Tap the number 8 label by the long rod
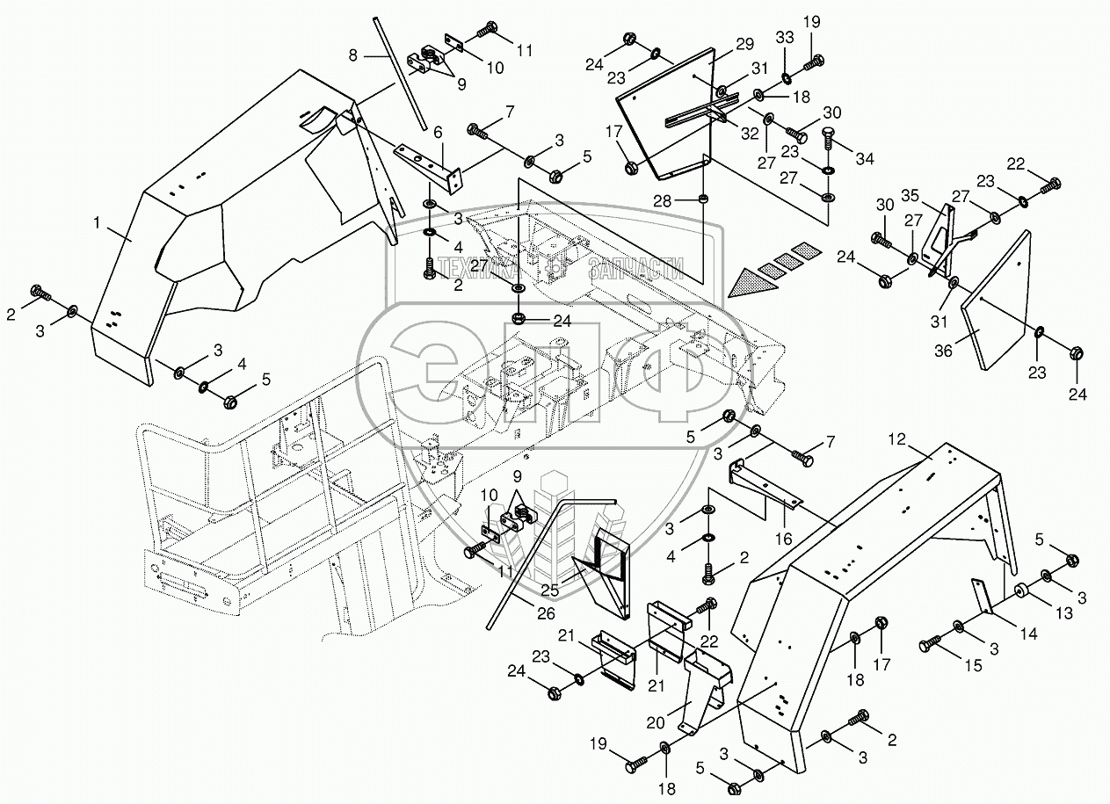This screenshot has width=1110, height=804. pyautogui.click(x=353, y=54)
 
